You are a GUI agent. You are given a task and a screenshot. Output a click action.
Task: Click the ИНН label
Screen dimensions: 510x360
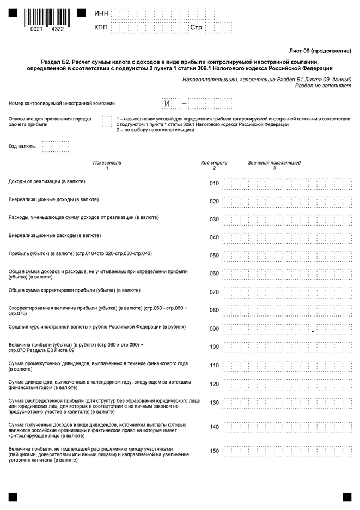pos(101,13)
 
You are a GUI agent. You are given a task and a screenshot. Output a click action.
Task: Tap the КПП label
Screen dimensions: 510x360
pos(101,28)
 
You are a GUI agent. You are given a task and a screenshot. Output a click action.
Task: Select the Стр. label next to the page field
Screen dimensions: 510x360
pos(197,28)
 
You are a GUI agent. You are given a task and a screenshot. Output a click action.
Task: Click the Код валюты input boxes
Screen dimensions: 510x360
pos(56,147)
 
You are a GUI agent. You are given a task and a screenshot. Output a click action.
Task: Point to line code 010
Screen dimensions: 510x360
pos(214,184)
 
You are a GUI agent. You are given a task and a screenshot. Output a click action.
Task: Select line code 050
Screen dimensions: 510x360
pos(214,256)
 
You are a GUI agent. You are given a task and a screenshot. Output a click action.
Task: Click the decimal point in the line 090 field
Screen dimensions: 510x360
pos(313,331)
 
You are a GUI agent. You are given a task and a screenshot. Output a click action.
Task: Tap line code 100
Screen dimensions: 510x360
pos(214,347)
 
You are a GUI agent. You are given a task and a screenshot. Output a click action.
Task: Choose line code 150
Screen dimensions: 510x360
pos(214,451)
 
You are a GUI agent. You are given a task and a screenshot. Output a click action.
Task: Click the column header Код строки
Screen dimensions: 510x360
pos(214,163)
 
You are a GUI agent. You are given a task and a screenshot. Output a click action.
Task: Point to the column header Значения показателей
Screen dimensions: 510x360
pos(274,163)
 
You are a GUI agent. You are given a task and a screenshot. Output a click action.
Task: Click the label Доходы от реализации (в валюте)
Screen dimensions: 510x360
pos(47,181)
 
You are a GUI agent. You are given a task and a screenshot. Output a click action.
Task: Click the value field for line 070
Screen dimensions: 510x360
pos(286,293)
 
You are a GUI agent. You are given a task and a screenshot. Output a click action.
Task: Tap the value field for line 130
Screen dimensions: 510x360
pos(286,403)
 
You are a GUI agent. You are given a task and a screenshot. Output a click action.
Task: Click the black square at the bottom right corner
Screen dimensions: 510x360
pos(347,496)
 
